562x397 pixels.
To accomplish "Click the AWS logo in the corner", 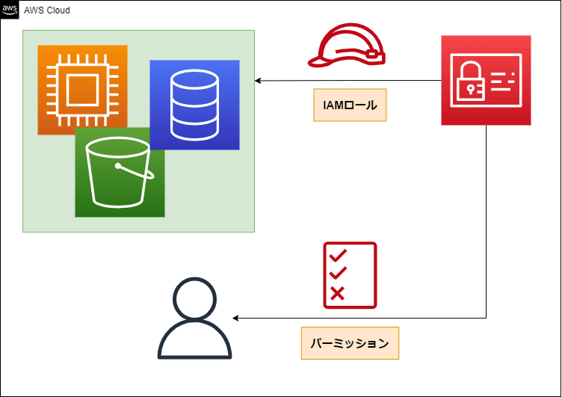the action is click(9, 10).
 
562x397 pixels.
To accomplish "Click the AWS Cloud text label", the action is click(47, 10).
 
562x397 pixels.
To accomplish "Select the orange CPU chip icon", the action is click(82, 90).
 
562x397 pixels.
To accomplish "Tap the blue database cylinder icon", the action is click(194, 105).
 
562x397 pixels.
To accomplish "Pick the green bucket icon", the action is click(120, 173).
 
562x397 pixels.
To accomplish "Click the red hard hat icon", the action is click(347, 45).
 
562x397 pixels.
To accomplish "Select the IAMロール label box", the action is click(350, 105).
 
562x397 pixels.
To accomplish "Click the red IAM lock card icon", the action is click(486, 80).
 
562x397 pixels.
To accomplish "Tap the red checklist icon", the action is click(350, 275).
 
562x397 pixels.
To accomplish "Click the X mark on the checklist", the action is click(337, 293).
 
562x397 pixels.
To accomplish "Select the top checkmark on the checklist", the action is click(338, 255).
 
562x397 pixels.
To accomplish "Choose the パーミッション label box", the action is click(350, 343).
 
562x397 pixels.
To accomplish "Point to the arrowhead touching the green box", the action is click(257, 81).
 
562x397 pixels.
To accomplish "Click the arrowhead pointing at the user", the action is click(235, 318).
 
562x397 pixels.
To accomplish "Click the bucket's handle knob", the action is click(117, 166).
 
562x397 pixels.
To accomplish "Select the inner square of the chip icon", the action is click(82, 90).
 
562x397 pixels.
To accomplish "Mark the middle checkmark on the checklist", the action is click(338, 273).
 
